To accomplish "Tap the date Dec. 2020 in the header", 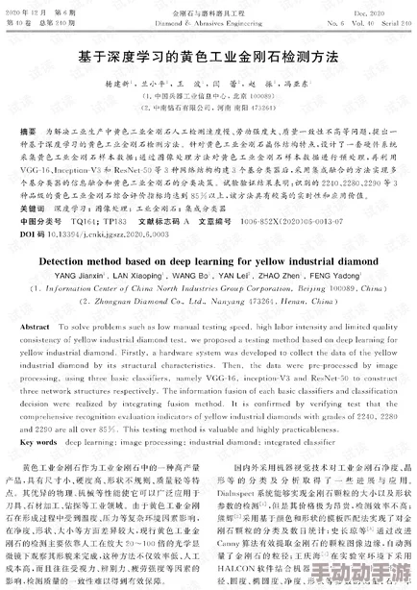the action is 383,10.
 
